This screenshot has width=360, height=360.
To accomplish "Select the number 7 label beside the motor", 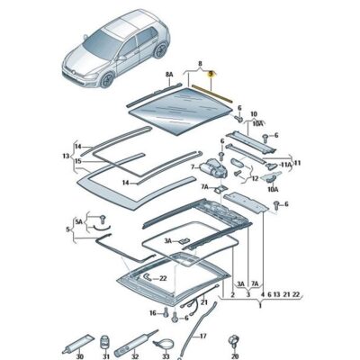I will (x=192, y=167).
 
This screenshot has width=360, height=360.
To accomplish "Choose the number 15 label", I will (x=78, y=162).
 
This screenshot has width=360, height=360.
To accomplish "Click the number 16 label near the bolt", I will (x=153, y=312).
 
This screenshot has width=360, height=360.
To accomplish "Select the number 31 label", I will (x=103, y=353).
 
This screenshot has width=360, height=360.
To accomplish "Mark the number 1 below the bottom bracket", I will (x=221, y=294).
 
